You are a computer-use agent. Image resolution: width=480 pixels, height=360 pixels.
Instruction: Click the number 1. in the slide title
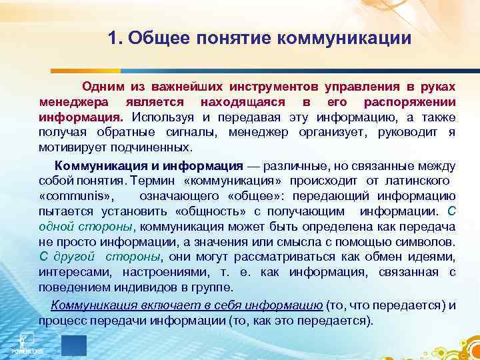[x=115, y=37]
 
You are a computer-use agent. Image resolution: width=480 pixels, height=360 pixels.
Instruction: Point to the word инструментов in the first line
[x=274, y=87]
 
